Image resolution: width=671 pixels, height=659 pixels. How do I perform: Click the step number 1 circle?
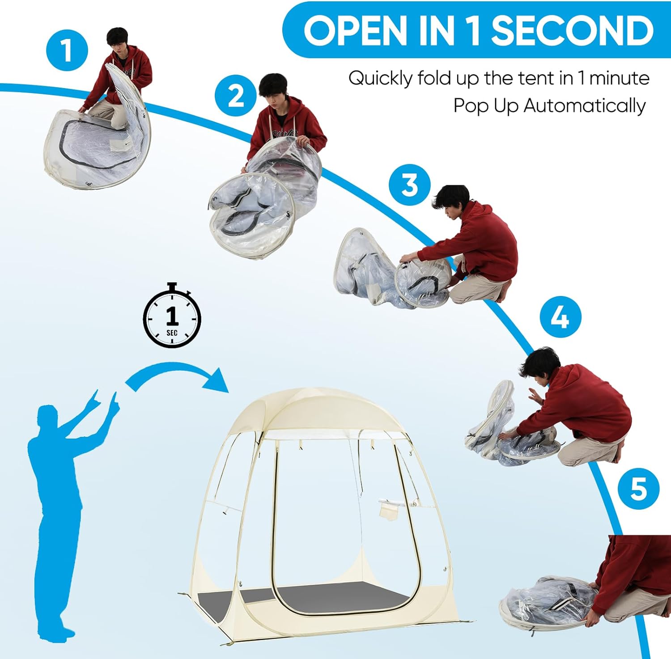click(x=67, y=50)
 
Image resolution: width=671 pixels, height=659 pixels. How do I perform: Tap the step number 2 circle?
click(x=235, y=96)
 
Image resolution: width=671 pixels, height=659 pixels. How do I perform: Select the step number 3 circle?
click(x=409, y=185)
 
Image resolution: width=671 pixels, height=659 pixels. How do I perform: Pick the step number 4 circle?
click(x=560, y=317)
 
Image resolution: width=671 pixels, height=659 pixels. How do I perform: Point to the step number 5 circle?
click(x=638, y=488)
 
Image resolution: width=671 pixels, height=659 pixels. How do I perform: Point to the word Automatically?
click(x=584, y=106)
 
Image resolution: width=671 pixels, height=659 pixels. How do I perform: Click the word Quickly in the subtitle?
click(x=381, y=79)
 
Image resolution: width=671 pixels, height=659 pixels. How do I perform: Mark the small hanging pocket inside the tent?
click(x=389, y=509)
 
